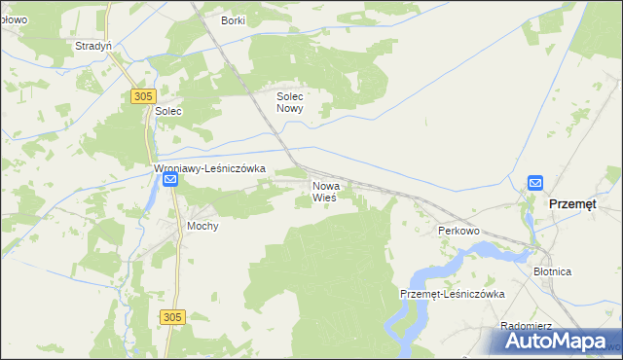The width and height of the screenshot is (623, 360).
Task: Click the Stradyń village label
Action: [93, 46]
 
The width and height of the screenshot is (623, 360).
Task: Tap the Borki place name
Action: [233, 20]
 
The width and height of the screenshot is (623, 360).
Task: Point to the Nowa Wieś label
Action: [324, 191]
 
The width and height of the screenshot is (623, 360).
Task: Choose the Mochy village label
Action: [202, 226]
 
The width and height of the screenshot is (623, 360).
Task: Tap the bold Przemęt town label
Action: [579, 204]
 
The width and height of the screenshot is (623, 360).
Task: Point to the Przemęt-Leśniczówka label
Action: [452, 294]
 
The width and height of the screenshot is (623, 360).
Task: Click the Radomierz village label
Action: [526, 326]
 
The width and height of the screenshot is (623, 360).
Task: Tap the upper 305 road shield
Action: [142, 95]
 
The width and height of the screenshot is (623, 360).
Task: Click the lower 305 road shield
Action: [172, 317]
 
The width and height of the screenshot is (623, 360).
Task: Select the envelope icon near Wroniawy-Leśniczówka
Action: [170, 182]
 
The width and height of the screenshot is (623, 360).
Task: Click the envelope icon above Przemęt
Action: [535, 182]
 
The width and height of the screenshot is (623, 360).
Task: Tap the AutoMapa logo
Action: [560, 341]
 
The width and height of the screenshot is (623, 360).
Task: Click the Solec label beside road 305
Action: [168, 112]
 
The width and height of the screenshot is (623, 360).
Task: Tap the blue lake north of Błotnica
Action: [487, 250]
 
